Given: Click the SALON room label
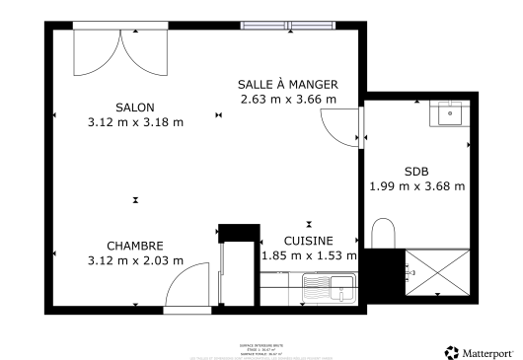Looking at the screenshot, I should point(135,107).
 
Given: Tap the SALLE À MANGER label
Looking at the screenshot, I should point(287,84).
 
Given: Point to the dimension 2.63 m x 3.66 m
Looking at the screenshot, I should point(287,99).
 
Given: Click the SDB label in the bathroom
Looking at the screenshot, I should point(416,170).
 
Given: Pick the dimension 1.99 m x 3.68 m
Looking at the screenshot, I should point(416,184).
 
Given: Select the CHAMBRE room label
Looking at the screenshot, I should point(135,246).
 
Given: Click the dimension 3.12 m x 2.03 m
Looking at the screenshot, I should point(135,260).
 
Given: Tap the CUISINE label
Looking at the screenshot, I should point(308,240).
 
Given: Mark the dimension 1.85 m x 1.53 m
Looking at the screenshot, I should point(308,254).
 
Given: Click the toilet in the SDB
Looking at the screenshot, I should point(383,235).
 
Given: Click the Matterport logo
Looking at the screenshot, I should point(479,351).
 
